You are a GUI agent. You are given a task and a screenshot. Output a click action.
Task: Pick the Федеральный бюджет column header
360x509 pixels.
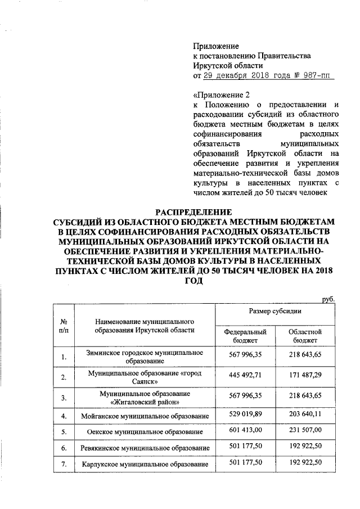tap(245, 336)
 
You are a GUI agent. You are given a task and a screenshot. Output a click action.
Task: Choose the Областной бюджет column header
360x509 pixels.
tap(304, 336)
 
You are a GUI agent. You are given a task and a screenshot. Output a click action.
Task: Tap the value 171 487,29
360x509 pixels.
tap(304, 374)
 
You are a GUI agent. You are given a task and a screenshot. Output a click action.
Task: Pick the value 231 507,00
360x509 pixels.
tap(304, 431)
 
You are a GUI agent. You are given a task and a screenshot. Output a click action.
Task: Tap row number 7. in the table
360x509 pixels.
tap(64, 465)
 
